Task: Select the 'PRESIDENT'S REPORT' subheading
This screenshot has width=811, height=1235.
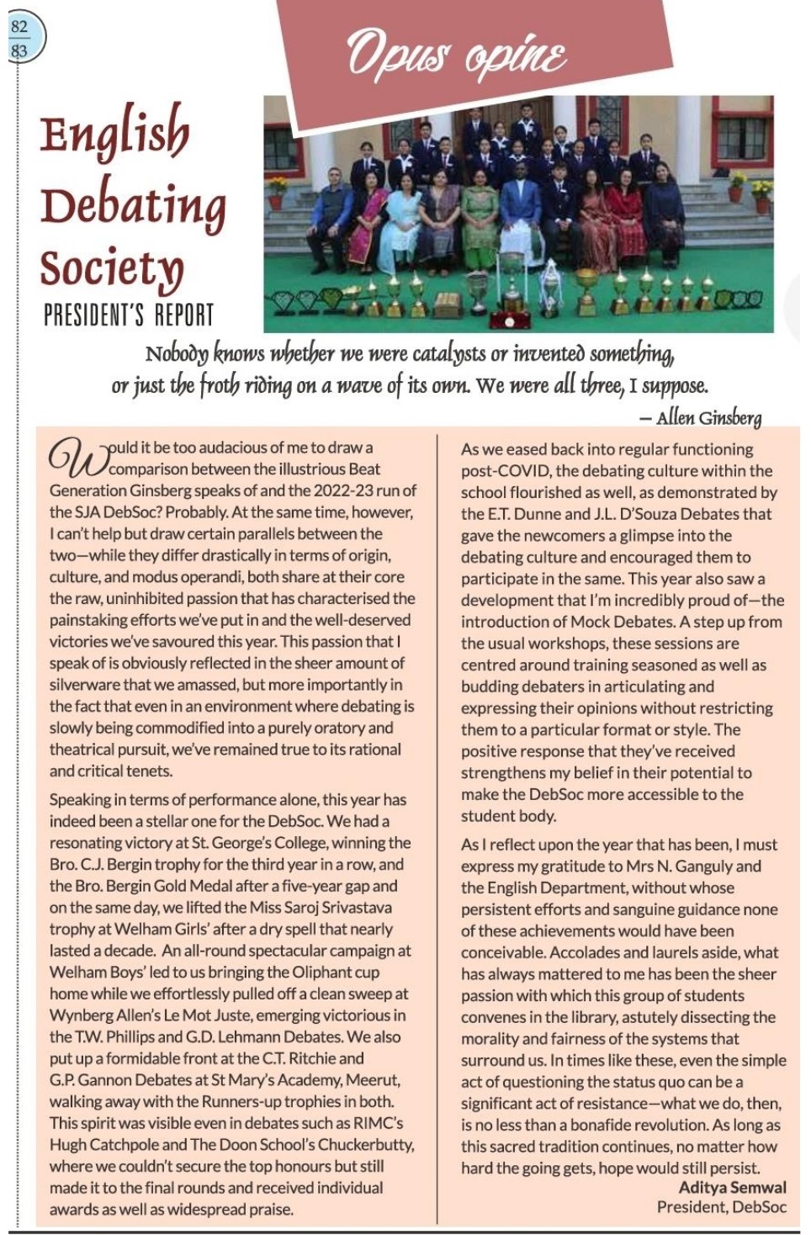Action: [129, 315]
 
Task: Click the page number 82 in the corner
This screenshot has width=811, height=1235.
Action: [19, 27]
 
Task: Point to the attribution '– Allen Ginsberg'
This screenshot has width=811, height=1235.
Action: [700, 417]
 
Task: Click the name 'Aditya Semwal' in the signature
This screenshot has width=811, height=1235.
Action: [732, 1187]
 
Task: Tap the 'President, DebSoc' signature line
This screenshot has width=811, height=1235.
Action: [721, 1207]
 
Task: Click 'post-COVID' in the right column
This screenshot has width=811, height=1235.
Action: [501, 471]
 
